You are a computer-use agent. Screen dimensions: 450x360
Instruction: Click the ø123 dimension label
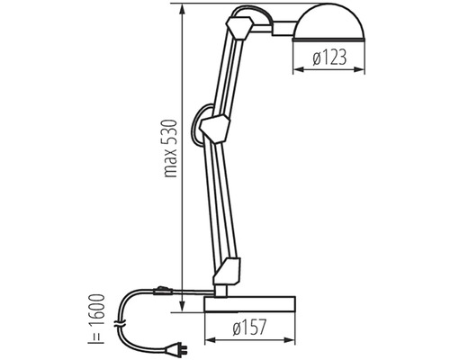click(x=329, y=58)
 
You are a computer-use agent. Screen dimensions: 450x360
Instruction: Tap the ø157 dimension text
click(x=249, y=327)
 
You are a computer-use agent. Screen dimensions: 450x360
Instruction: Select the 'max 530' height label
click(x=170, y=148)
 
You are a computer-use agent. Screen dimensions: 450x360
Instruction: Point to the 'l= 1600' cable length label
click(x=96, y=319)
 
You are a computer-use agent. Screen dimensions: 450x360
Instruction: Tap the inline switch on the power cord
click(x=162, y=291)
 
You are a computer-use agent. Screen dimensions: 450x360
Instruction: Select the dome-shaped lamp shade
click(x=328, y=22)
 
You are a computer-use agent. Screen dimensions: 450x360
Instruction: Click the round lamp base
click(x=249, y=304)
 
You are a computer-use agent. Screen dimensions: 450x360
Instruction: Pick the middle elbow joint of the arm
click(x=215, y=128)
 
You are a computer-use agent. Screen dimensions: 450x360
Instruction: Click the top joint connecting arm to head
click(x=239, y=28)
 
